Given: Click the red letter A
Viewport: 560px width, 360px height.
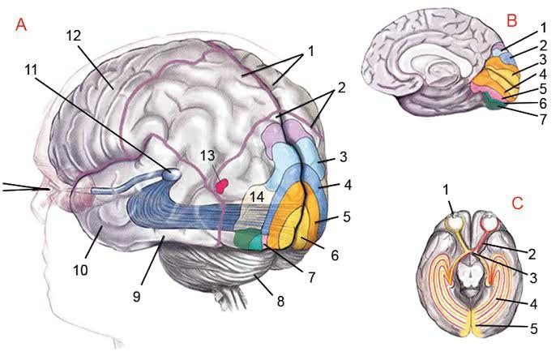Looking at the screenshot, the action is coord(21,25).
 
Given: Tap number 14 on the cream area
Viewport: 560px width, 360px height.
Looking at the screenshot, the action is coord(256,195).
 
